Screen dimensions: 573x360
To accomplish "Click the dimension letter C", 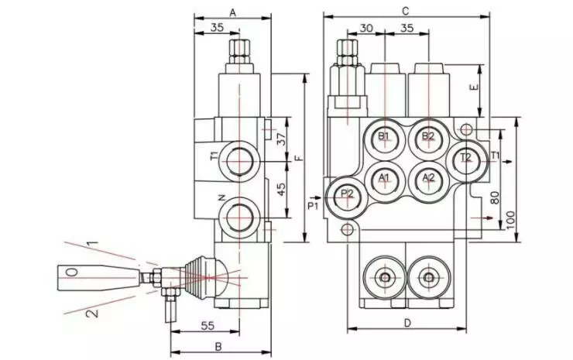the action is pos(405,11).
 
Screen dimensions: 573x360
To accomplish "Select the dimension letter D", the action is pos(407,323).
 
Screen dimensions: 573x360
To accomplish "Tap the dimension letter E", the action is pos(474,88).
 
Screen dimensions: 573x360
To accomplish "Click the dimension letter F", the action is pos(299,158).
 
